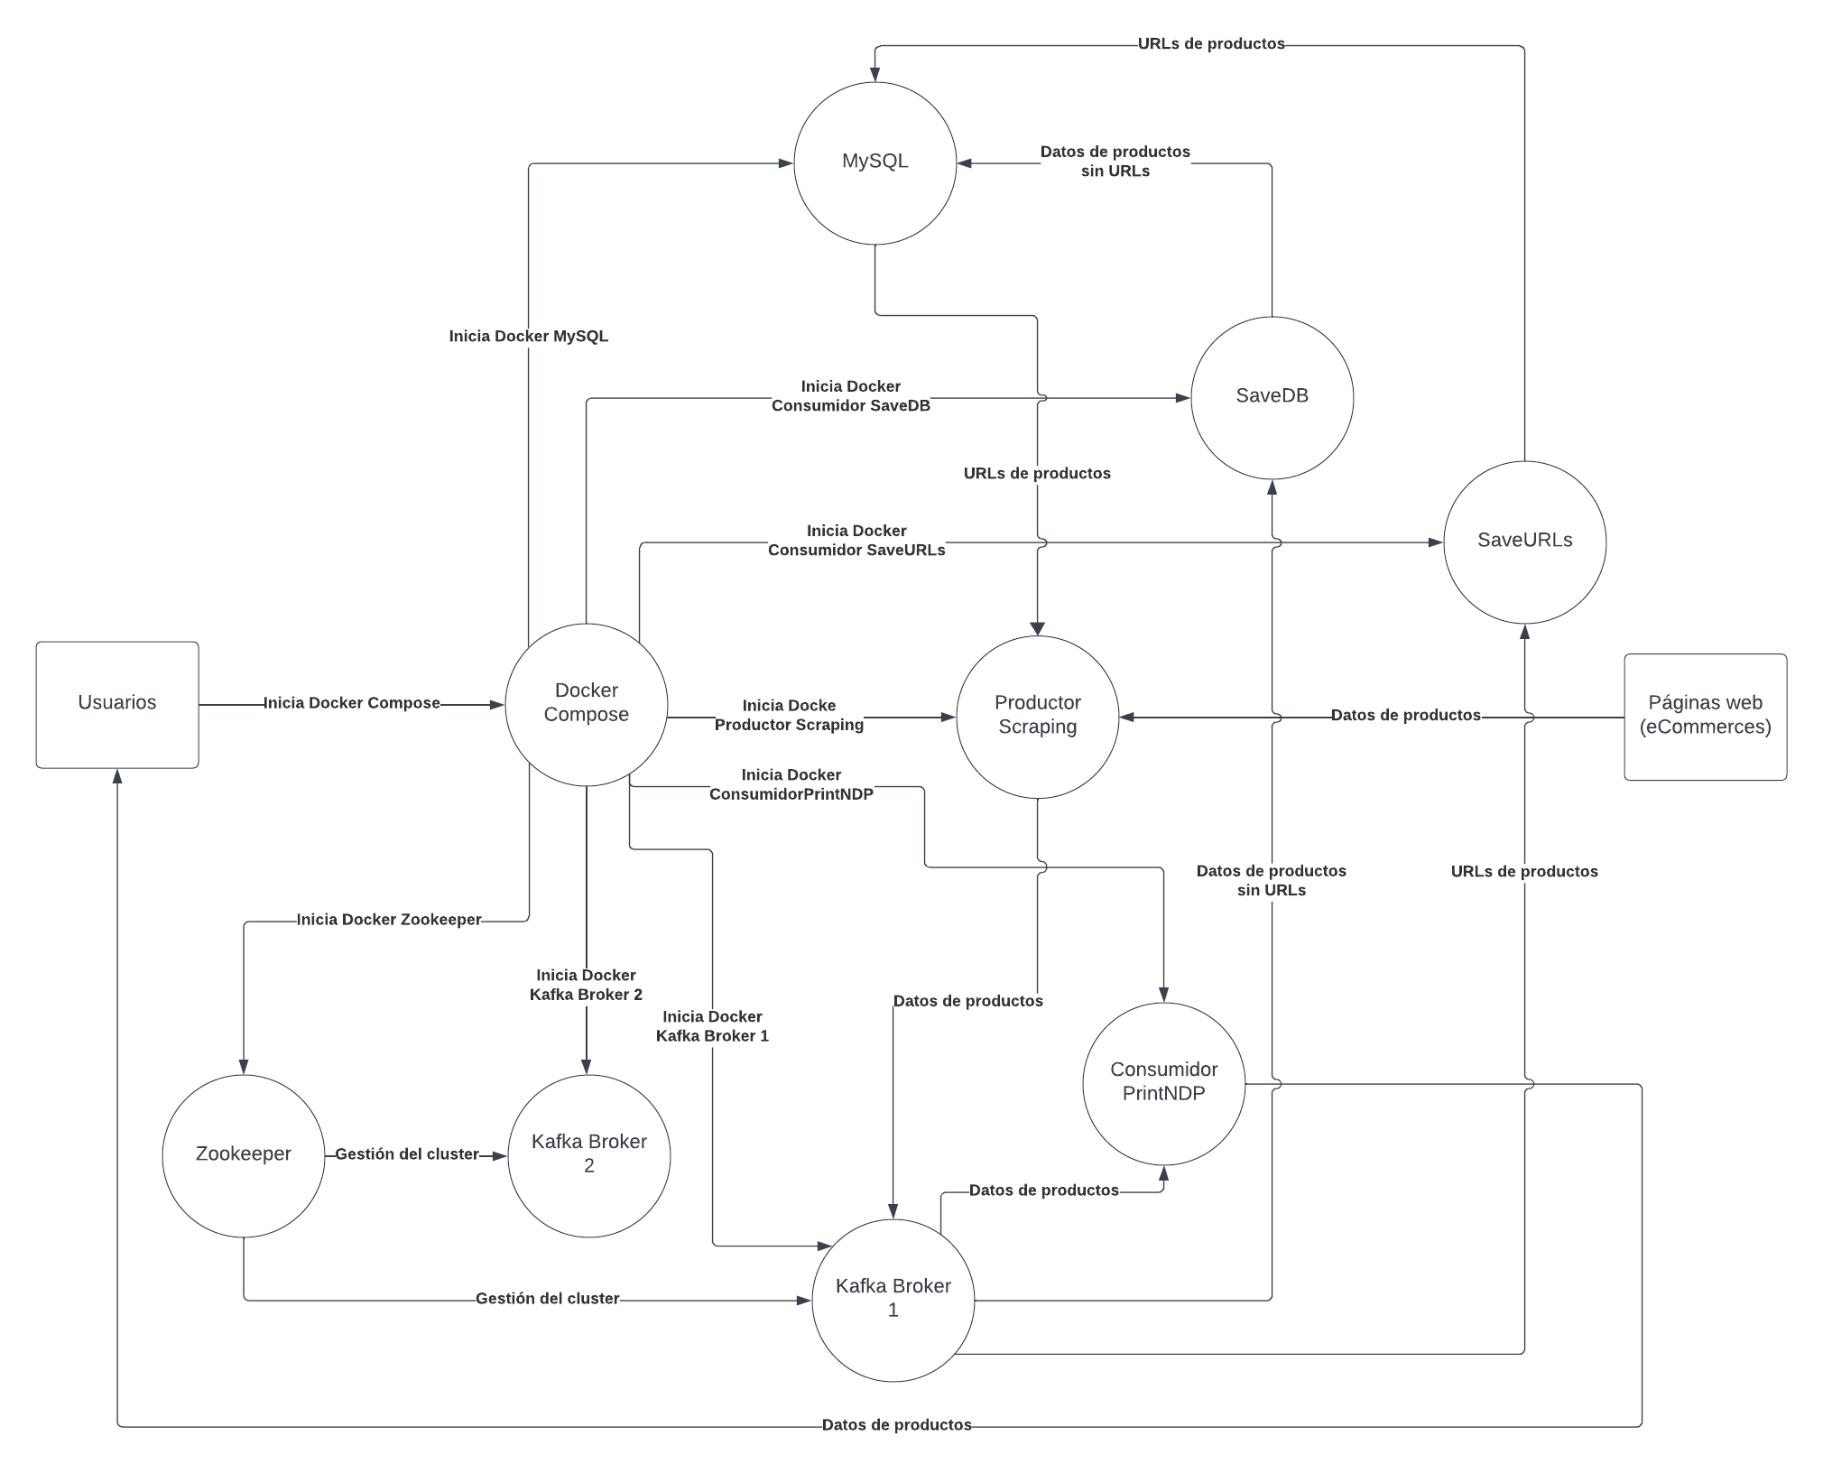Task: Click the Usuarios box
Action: pyautogui.click(x=117, y=704)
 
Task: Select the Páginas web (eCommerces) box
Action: pyautogui.click(x=1705, y=717)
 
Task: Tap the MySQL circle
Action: pyautogui.click(x=874, y=162)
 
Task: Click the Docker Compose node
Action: pyautogui.click(x=586, y=704)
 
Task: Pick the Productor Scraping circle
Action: pyautogui.click(x=1037, y=717)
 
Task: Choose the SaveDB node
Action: pyautogui.click(x=1272, y=397)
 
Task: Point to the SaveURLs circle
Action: pyautogui.click(x=1524, y=542)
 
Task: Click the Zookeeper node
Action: pyautogui.click(x=243, y=1155)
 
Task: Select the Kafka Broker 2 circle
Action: pyautogui.click(x=588, y=1155)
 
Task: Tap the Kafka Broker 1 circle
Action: pyautogui.click(x=893, y=1300)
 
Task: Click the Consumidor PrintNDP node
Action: pyautogui.click(x=1163, y=1083)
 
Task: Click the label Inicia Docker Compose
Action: pyautogui.click(x=351, y=703)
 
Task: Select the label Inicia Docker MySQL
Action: pyautogui.click(x=529, y=337)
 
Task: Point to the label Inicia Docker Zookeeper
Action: pyautogui.click(x=389, y=920)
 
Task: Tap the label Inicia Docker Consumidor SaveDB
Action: pyautogui.click(x=850, y=396)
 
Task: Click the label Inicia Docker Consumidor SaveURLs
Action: pyautogui.click(x=856, y=541)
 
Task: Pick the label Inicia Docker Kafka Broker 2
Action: pyautogui.click(x=586, y=985)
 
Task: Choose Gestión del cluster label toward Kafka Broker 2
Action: pyautogui.click(x=407, y=1154)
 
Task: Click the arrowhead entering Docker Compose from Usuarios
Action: pyautogui.click(x=497, y=704)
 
